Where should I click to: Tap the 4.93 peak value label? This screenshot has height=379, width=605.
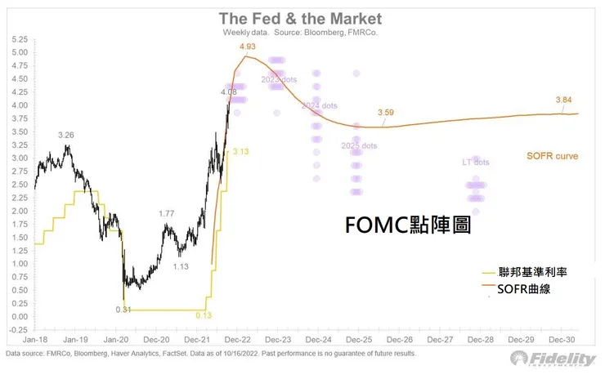[x=248, y=47]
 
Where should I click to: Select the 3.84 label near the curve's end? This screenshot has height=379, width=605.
[x=563, y=100]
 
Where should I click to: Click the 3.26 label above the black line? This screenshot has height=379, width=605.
[x=67, y=134]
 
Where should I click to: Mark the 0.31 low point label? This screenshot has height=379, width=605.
[x=123, y=309]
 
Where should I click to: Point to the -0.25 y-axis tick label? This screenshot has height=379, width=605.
[x=17, y=330]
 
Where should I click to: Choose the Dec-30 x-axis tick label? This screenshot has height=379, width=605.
[x=563, y=339]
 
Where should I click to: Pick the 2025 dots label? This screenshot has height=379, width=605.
[x=359, y=146]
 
